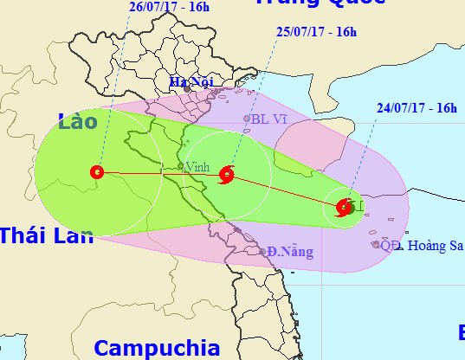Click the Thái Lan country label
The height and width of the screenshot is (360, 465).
pos(46,235)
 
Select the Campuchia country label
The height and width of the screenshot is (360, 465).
pos(157,348)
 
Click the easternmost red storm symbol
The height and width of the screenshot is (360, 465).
pos(343,207)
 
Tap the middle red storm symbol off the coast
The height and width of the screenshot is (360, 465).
pos(227,174)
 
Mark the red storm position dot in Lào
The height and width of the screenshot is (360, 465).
pos(96,171)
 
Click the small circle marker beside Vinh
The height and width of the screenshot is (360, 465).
pos(180,165)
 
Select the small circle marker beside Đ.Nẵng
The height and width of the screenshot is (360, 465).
pos(263,252)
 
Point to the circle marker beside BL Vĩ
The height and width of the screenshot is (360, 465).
pos(247,119)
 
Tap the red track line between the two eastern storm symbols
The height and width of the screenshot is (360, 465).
pos(285,190)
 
